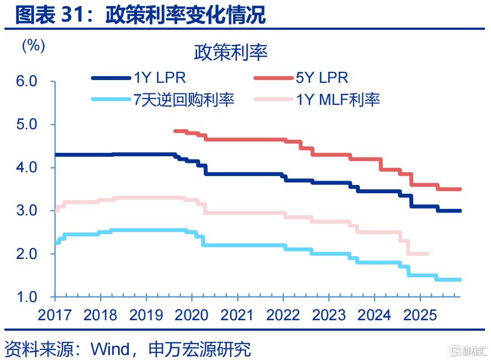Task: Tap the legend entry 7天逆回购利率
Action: coord(184,99)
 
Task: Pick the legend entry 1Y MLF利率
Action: coord(338,100)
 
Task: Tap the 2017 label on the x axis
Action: coord(55,315)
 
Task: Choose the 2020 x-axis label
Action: coord(192,315)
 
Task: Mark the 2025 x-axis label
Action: coord(420,315)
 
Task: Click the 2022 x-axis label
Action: coord(283,315)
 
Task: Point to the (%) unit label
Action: coord(33,45)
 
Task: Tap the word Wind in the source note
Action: coord(109,349)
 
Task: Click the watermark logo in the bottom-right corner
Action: coord(468,350)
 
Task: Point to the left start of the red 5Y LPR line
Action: coord(175,131)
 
